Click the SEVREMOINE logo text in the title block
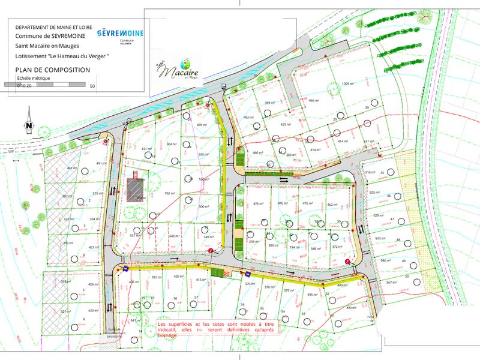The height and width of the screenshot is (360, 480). point(120,32)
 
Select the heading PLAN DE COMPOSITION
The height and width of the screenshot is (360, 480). point(53,70)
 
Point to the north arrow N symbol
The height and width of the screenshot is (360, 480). point(28,124)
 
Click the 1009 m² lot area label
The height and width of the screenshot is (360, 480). point(349,83)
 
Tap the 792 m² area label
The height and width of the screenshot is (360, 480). point(169,193)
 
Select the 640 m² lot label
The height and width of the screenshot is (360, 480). point(175,236)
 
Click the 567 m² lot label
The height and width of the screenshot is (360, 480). point(392,283)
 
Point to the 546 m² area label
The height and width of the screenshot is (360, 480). point(385,261)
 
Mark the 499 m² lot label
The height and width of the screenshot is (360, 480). point(202,125)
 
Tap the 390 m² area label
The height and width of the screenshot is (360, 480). point(351,308)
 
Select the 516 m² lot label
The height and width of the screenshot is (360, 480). point(370,172)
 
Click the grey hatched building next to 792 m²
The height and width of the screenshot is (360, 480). point(136,188)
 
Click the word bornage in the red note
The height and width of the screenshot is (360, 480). point(168,335)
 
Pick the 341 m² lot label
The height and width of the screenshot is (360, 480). point(135,320)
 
